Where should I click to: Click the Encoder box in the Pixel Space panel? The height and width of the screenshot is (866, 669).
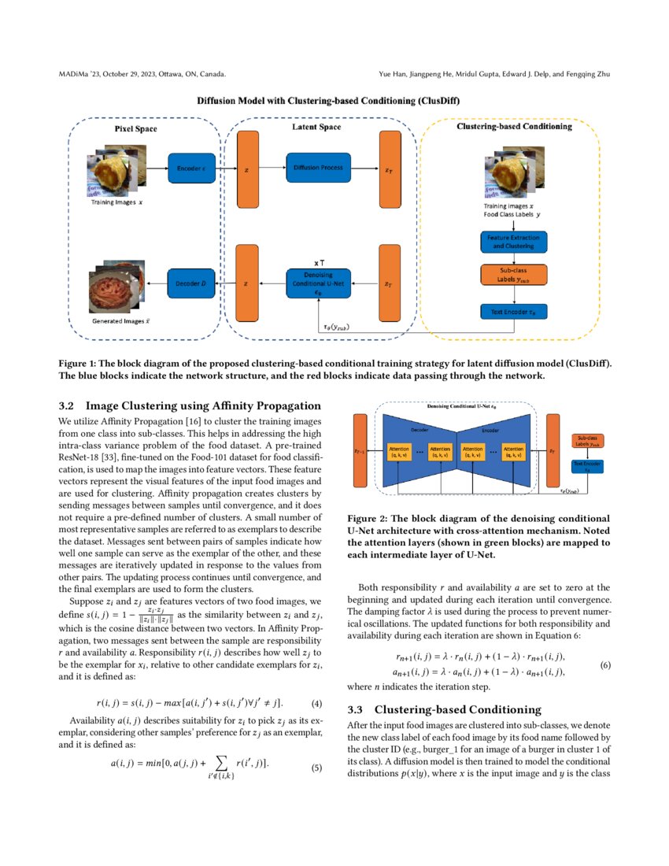190,168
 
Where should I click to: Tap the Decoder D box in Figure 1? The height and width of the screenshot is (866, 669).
190,283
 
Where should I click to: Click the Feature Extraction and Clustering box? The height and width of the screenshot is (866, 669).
514,241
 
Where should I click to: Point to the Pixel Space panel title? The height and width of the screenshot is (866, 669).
131,129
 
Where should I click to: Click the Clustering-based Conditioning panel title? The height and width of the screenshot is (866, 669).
514,126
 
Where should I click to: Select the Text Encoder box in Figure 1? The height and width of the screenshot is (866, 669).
514,313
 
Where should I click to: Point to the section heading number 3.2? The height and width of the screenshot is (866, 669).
67,406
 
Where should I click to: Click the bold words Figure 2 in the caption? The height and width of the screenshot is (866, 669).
371,519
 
